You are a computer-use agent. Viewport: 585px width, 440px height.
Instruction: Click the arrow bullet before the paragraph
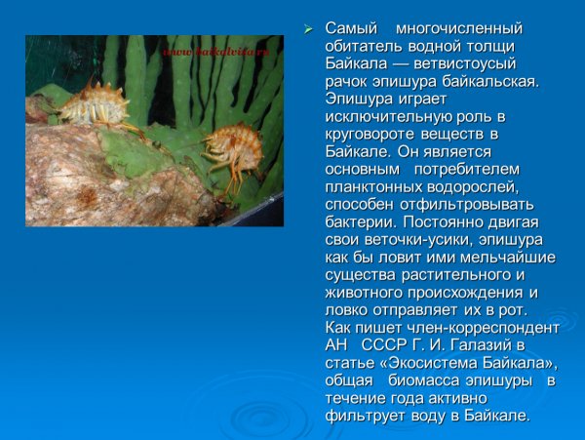tap(309, 28)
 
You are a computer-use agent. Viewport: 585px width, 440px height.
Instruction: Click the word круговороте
tap(373, 134)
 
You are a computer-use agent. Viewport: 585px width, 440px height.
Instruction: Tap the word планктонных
tap(371, 186)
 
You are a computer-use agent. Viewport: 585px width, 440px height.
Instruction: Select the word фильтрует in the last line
tap(365, 415)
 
